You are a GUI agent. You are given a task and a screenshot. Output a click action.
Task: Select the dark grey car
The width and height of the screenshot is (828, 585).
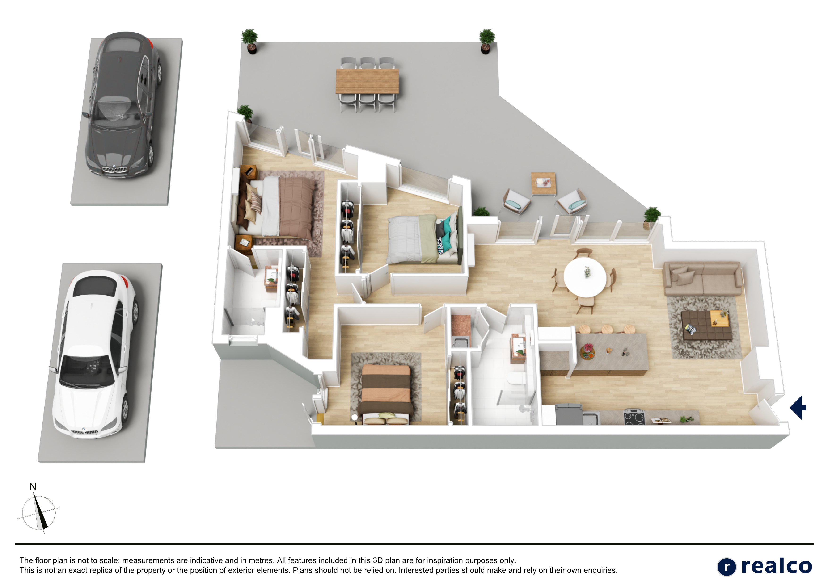[123, 104]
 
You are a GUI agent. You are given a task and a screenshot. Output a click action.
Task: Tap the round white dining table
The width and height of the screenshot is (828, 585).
[585, 277]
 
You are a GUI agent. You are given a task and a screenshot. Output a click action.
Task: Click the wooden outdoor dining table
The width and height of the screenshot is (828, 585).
[367, 81]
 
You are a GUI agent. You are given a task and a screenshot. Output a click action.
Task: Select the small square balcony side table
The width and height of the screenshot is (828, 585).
[543, 184]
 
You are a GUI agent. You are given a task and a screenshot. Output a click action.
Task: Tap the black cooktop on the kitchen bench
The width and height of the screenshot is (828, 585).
[634, 417]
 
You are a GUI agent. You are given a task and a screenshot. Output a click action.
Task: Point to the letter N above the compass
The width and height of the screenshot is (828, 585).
[33, 487]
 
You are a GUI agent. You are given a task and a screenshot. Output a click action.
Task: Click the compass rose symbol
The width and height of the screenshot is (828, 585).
[38, 513]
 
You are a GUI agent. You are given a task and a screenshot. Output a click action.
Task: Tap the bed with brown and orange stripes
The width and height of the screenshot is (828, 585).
[385, 394]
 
